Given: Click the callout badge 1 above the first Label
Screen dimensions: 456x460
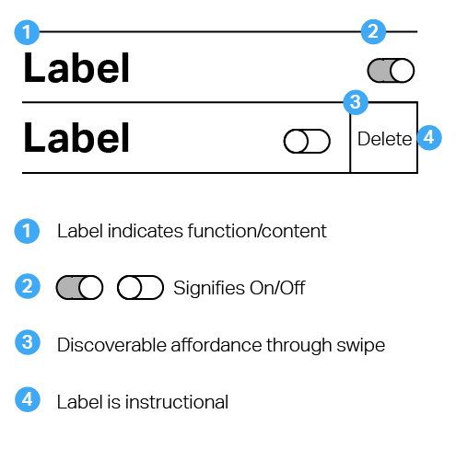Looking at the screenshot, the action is click(x=27, y=32).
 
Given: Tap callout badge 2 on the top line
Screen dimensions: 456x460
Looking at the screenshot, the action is click(x=373, y=31).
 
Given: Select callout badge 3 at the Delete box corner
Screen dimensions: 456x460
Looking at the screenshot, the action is click(x=356, y=102).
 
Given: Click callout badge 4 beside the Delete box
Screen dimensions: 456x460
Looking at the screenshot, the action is click(x=429, y=137).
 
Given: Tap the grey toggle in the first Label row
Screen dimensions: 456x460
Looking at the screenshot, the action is click(x=391, y=71).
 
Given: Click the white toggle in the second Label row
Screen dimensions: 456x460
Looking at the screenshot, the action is click(x=307, y=141).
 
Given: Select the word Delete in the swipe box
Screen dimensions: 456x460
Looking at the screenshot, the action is click(x=384, y=139).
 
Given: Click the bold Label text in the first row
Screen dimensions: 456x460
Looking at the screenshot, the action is click(x=76, y=68).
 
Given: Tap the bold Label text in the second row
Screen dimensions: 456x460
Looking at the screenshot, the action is click(x=76, y=137).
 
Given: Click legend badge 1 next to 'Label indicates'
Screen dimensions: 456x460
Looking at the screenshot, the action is click(x=27, y=231).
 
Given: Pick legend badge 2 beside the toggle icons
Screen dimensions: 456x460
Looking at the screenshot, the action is click(x=28, y=286).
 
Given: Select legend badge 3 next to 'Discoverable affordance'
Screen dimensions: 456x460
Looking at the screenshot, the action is click(x=28, y=342).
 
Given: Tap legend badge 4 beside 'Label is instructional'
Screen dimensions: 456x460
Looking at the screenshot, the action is click(x=28, y=399).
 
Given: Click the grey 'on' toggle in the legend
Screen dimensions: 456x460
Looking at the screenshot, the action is click(x=79, y=287).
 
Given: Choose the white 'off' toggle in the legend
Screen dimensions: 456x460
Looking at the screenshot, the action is click(x=140, y=287).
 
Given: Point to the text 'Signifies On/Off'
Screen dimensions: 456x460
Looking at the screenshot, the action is click(x=240, y=288).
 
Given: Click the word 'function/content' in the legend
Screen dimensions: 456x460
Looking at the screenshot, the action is click(x=257, y=231).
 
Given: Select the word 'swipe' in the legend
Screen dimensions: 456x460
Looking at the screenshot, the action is click(x=361, y=346).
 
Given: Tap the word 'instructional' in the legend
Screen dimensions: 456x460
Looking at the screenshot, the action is click(x=177, y=402).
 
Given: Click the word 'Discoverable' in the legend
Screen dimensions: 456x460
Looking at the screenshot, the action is click(x=111, y=345).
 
